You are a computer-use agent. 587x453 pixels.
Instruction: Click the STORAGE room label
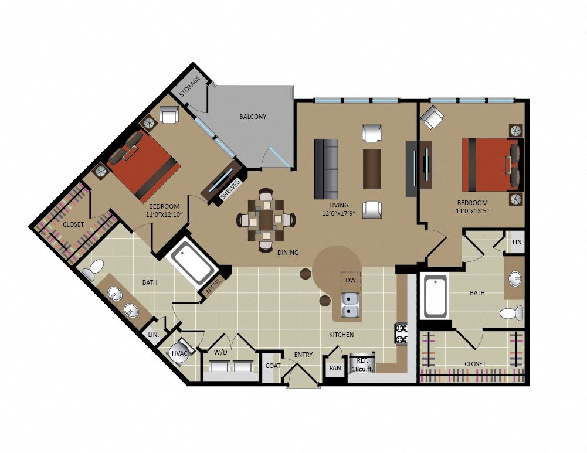[x=190, y=86]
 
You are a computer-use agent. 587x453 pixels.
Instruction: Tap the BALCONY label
[x=253, y=117]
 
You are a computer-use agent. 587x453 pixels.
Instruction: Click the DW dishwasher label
[x=351, y=280]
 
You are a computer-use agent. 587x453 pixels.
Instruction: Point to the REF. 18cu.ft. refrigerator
[x=362, y=363]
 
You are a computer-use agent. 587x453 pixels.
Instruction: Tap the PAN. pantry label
[x=336, y=368]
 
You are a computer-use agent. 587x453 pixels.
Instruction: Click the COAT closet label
[x=273, y=366]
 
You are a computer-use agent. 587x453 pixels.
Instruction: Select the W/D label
[x=220, y=352]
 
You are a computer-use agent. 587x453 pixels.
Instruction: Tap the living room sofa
[x=326, y=169]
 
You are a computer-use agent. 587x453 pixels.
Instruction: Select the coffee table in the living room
[x=372, y=169]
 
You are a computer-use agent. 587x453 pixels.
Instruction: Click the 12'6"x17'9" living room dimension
[x=338, y=213]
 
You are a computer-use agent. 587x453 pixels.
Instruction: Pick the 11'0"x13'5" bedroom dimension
[x=472, y=211]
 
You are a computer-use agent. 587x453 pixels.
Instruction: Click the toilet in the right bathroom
[x=512, y=313]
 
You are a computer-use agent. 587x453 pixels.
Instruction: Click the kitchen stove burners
[x=401, y=333]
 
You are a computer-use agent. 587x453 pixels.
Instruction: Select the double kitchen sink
[x=351, y=305]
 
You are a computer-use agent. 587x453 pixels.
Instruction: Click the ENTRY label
[x=303, y=354]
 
